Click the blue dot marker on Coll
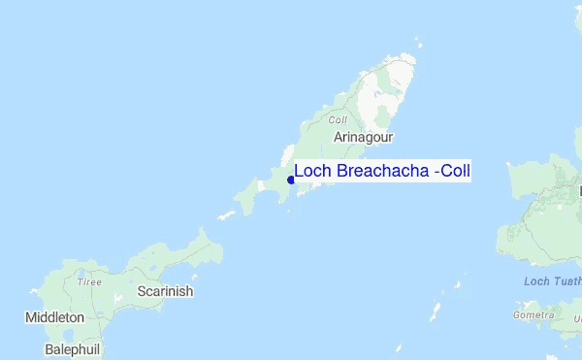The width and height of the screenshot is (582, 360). click(291, 179)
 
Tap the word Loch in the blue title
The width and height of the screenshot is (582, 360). click(311, 172)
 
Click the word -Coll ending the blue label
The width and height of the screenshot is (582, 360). click(452, 172)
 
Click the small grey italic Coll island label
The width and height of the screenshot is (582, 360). click(338, 120)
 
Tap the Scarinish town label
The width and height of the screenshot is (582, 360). click(165, 291)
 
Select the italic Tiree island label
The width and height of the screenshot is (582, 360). click(89, 281)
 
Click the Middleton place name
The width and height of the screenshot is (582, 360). click(55, 317)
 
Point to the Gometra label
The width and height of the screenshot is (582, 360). click(533, 315)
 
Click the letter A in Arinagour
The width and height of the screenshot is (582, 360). click(338, 138)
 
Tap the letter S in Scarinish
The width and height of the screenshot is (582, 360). click(142, 291)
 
